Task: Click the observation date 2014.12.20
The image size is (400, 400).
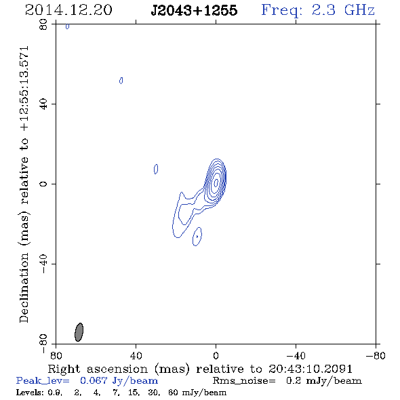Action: click(x=68, y=10)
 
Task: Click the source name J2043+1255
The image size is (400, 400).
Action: click(x=194, y=10)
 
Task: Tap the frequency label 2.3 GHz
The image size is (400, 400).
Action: click(x=343, y=10)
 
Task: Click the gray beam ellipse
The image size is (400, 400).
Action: click(x=79, y=332)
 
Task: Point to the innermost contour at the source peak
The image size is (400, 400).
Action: click(x=216, y=182)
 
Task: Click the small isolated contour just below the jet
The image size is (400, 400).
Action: click(x=197, y=237)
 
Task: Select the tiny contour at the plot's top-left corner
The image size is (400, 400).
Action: click(x=67, y=26)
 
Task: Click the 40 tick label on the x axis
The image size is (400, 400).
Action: click(x=136, y=355)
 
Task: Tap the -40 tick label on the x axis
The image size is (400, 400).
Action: click(x=296, y=355)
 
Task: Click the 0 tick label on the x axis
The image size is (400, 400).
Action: click(x=216, y=355)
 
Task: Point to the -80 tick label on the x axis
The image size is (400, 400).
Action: click(x=376, y=355)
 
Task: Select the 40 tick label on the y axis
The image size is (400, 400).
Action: click(x=43, y=104)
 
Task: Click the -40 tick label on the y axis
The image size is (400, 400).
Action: click(x=43, y=264)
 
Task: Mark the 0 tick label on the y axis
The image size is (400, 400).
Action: click(x=43, y=184)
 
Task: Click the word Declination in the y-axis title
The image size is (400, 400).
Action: click(x=24, y=287)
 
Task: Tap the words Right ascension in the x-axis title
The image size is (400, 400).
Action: click(x=98, y=369)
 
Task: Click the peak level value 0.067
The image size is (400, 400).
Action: click(x=94, y=380)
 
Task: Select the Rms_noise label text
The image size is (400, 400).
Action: click(x=244, y=381)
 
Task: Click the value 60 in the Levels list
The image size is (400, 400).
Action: click(x=173, y=392)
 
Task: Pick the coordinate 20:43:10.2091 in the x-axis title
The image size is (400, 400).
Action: click(x=311, y=369)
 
